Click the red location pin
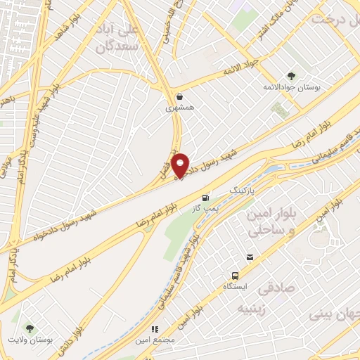pos(181,165)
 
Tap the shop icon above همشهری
pos(180,96)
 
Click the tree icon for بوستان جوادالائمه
pos(291,76)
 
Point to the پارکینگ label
pos(245,191)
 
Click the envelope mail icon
pos(250,257)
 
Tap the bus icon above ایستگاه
pos(236,275)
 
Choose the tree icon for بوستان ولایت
pos(30,328)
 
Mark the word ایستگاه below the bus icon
pos(236,287)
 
